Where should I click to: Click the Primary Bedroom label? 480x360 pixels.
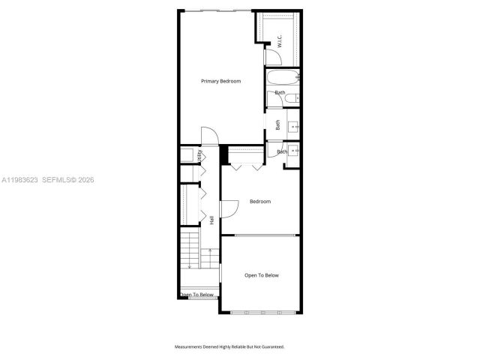220,81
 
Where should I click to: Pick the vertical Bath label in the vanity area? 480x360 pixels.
277,126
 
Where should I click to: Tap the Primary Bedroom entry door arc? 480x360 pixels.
210,136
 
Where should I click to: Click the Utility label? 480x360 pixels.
199,156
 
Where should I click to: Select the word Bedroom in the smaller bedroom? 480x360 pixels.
260,202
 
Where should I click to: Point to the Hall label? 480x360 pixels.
212,220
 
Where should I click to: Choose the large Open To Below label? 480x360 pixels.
262,275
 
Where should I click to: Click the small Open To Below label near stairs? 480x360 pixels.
197,295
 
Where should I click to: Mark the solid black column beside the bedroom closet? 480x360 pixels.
223,155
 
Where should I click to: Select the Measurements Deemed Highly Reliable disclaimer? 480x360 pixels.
229,346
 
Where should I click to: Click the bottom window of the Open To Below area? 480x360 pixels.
262,312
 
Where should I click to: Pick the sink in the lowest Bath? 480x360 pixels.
293,151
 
